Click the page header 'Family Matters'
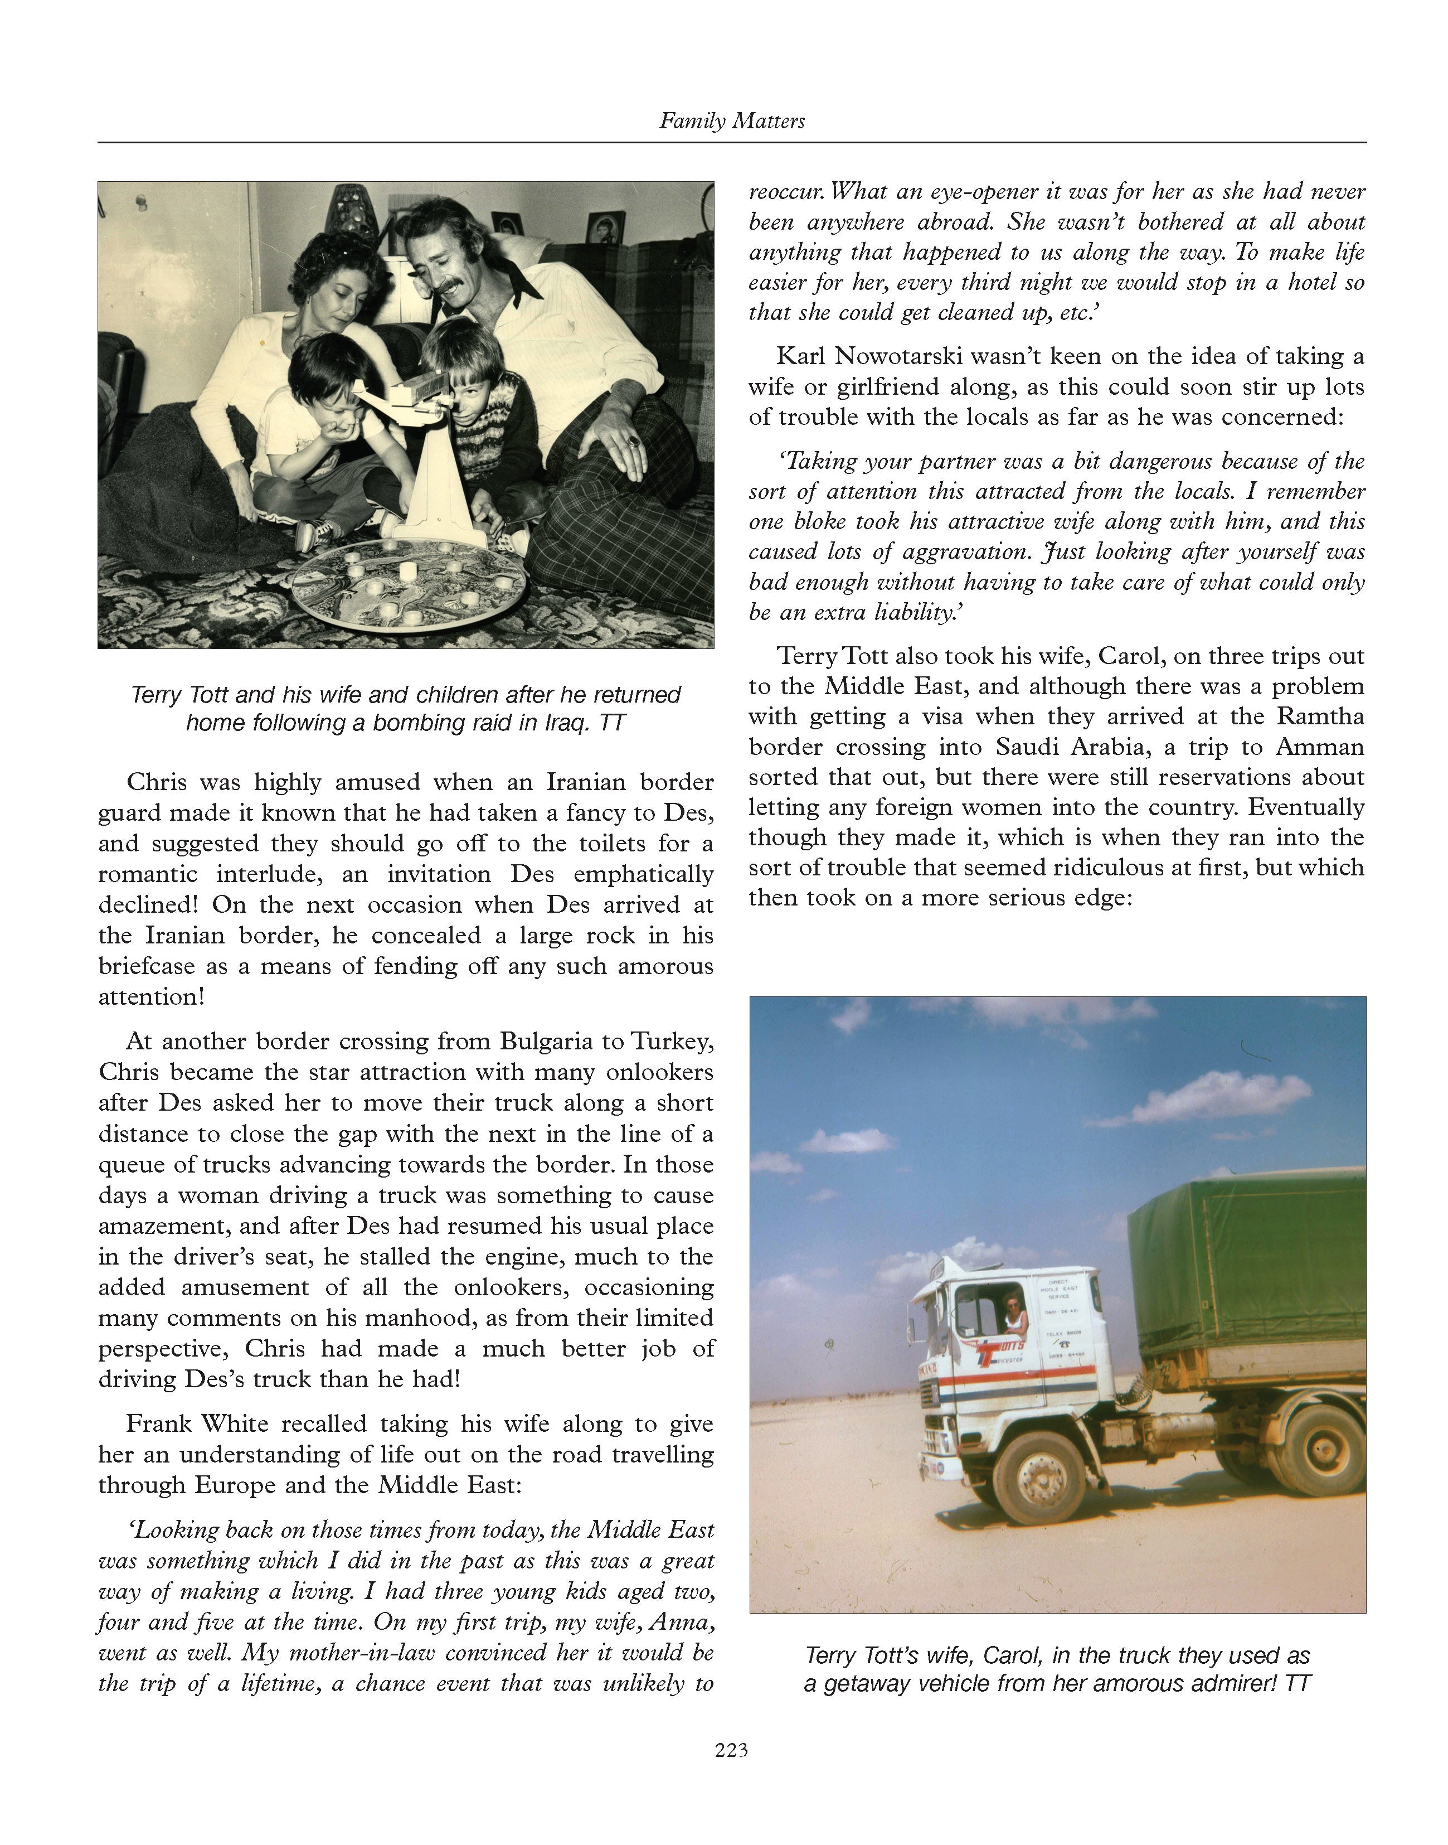point(732,121)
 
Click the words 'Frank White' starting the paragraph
point(197,1423)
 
